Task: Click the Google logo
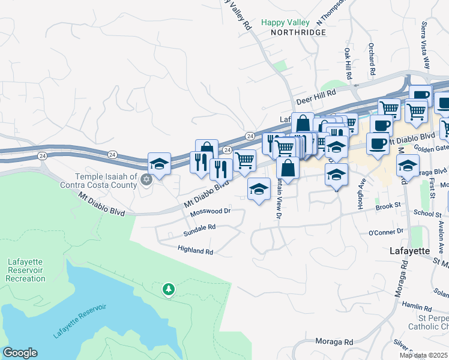(x=20, y=353)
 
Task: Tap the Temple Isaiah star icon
(x=145, y=179)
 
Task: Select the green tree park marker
(x=169, y=290)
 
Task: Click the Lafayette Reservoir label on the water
(x=79, y=322)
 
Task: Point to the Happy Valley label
(x=285, y=23)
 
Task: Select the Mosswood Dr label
(x=210, y=212)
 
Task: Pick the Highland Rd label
(x=195, y=251)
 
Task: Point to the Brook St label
(x=388, y=205)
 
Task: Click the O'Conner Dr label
(x=385, y=232)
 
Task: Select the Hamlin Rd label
(x=417, y=305)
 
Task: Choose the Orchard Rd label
(x=372, y=60)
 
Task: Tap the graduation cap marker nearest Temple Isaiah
(x=159, y=163)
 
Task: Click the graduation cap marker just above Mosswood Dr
(x=259, y=189)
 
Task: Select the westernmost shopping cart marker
(x=244, y=160)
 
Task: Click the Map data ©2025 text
(x=423, y=355)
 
